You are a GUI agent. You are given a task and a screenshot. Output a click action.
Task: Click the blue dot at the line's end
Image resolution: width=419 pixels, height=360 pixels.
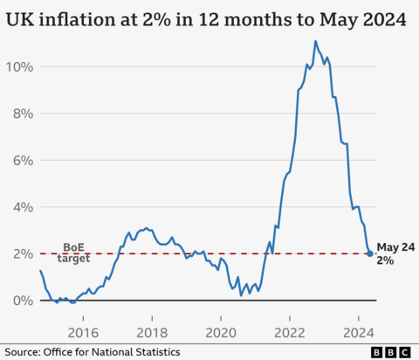pos(370,253)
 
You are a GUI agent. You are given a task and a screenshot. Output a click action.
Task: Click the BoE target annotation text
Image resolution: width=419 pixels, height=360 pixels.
pos(73,253)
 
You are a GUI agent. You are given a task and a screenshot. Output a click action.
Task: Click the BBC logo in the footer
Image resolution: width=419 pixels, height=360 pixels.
pos(392,351)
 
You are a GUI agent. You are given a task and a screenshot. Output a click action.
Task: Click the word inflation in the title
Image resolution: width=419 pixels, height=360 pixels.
pos(79,18)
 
